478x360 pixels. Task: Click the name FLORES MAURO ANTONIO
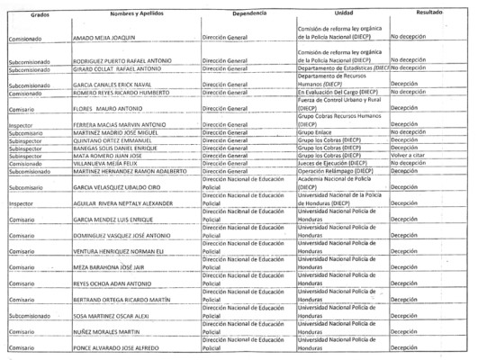113,107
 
